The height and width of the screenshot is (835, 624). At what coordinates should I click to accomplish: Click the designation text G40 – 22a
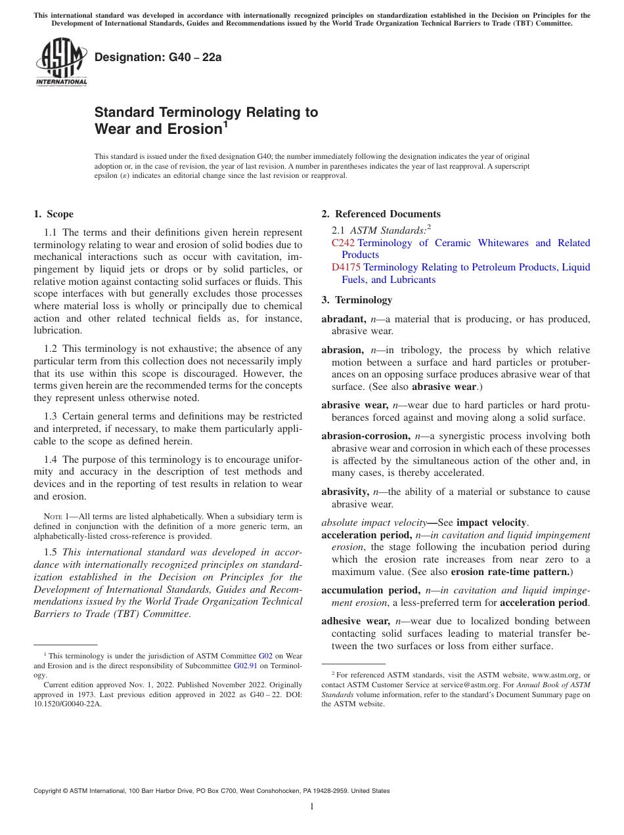pyautogui.click(x=158, y=57)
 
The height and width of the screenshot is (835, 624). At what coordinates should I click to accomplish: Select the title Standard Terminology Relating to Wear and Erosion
pyautogui.click(x=206, y=121)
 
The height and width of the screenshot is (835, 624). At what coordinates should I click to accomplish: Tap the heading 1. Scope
pyautogui.click(x=53, y=214)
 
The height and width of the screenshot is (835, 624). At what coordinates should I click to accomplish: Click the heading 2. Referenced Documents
pyautogui.click(x=381, y=214)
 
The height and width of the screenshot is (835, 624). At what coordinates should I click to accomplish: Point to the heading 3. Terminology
pyautogui.click(x=357, y=300)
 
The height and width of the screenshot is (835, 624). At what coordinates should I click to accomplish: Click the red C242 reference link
pyautogui.click(x=343, y=243)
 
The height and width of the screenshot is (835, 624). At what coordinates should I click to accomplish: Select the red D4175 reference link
pyautogui.click(x=346, y=267)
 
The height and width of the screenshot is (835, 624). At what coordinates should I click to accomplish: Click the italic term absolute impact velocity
pyautogui.click(x=374, y=523)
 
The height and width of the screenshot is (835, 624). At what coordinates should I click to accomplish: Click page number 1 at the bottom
pyautogui.click(x=312, y=806)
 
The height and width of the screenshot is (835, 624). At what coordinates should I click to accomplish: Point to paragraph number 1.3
pyautogui.click(x=51, y=416)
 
